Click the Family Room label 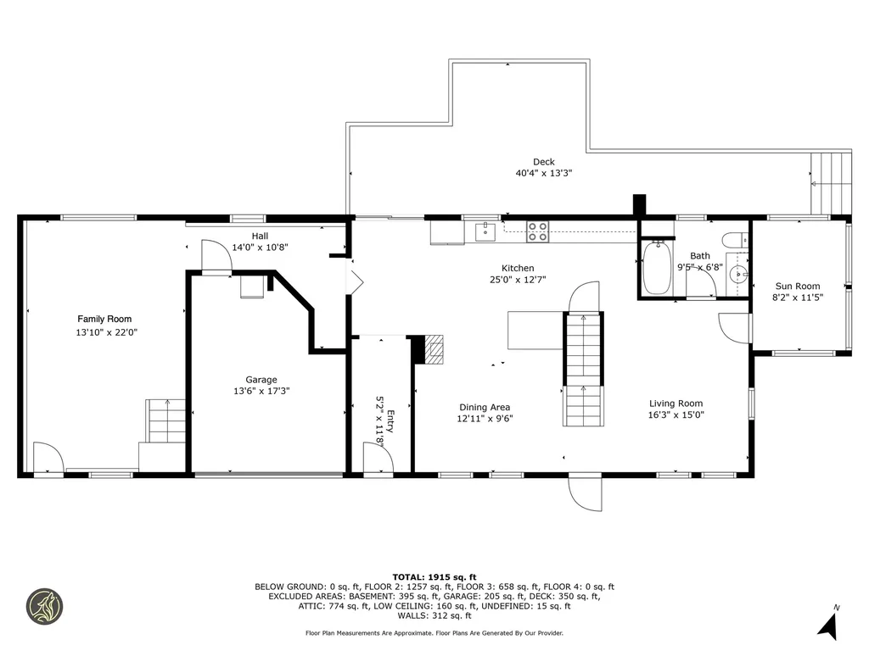coord(106,320)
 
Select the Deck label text coord(544,162)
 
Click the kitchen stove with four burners coord(537,231)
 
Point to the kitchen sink coord(486,231)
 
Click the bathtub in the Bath coord(657,269)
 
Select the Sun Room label coord(796,287)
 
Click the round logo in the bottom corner coord(44,606)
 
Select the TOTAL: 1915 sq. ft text coord(434,576)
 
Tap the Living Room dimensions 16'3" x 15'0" coord(676,415)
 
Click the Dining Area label coord(485,407)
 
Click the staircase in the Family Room coord(165,420)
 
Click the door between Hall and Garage coord(216,256)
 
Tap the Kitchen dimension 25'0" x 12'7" coord(518,280)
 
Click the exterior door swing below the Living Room coord(586,491)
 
